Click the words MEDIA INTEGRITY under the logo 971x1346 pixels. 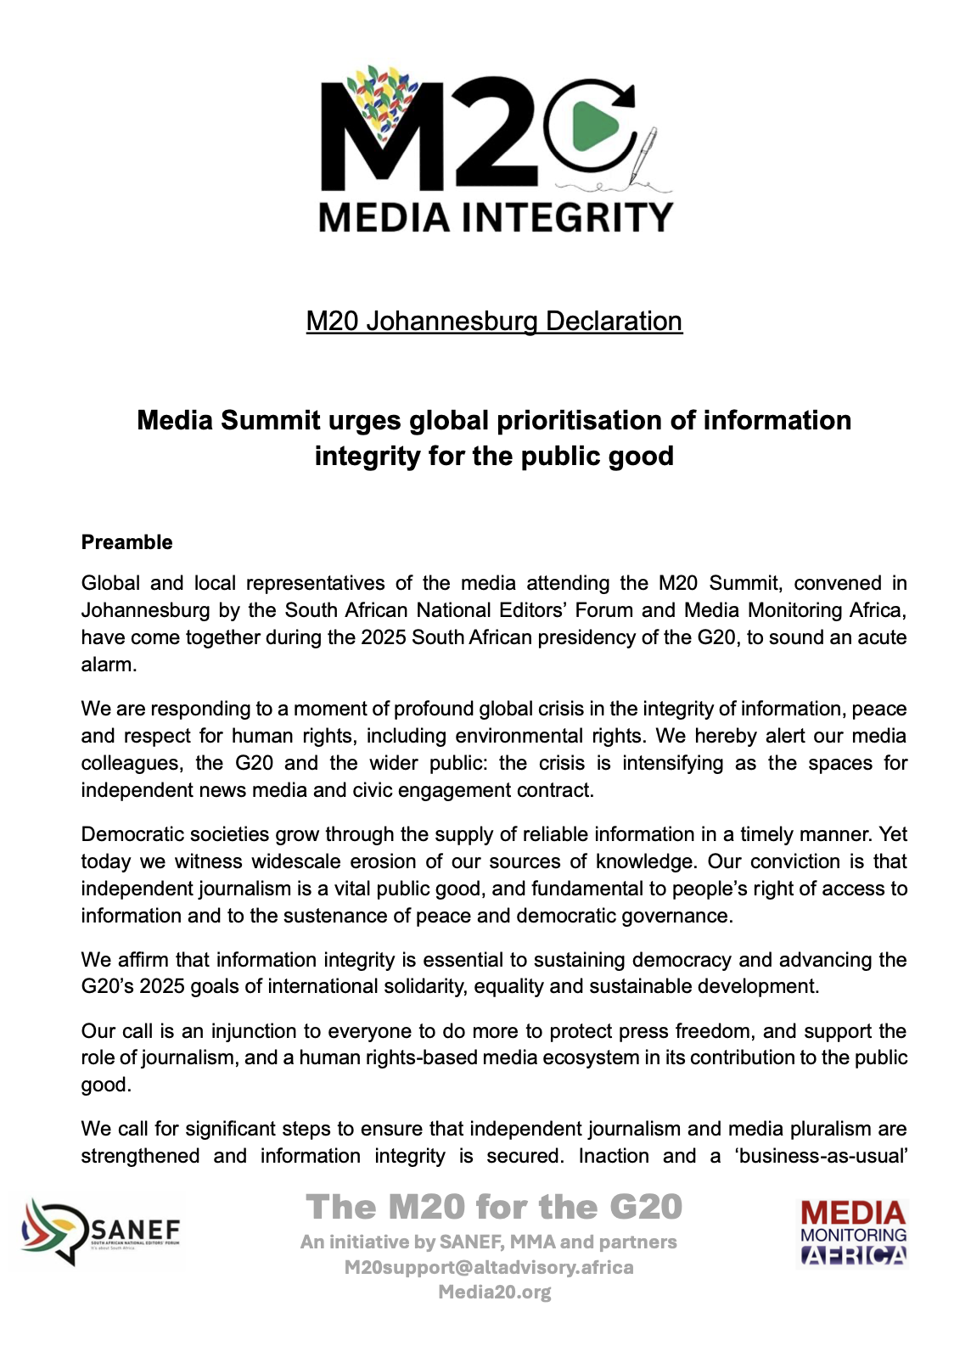(x=496, y=217)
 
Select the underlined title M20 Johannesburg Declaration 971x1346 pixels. (x=494, y=321)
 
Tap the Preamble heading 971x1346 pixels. (x=126, y=542)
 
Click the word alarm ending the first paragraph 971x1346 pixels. (x=109, y=665)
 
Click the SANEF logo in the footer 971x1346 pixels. (x=101, y=1231)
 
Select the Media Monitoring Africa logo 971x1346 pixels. (x=853, y=1232)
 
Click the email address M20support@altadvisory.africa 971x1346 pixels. (x=489, y=1267)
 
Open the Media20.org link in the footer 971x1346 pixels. (x=494, y=1292)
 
